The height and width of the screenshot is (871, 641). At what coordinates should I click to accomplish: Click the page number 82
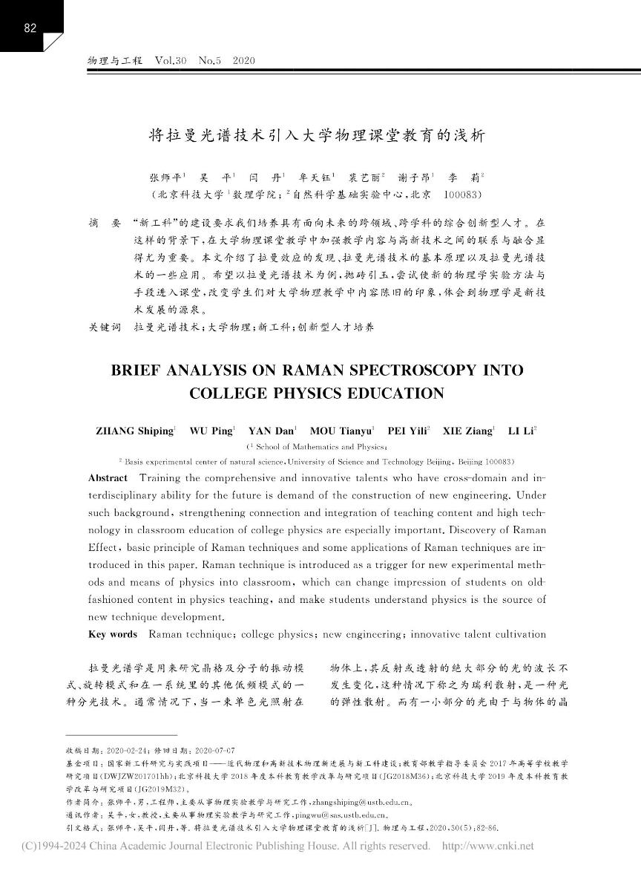[x=30, y=29]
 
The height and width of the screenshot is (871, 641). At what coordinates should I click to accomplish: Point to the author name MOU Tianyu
[x=342, y=430]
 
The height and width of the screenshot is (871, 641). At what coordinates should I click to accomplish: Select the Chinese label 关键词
[x=104, y=326]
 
